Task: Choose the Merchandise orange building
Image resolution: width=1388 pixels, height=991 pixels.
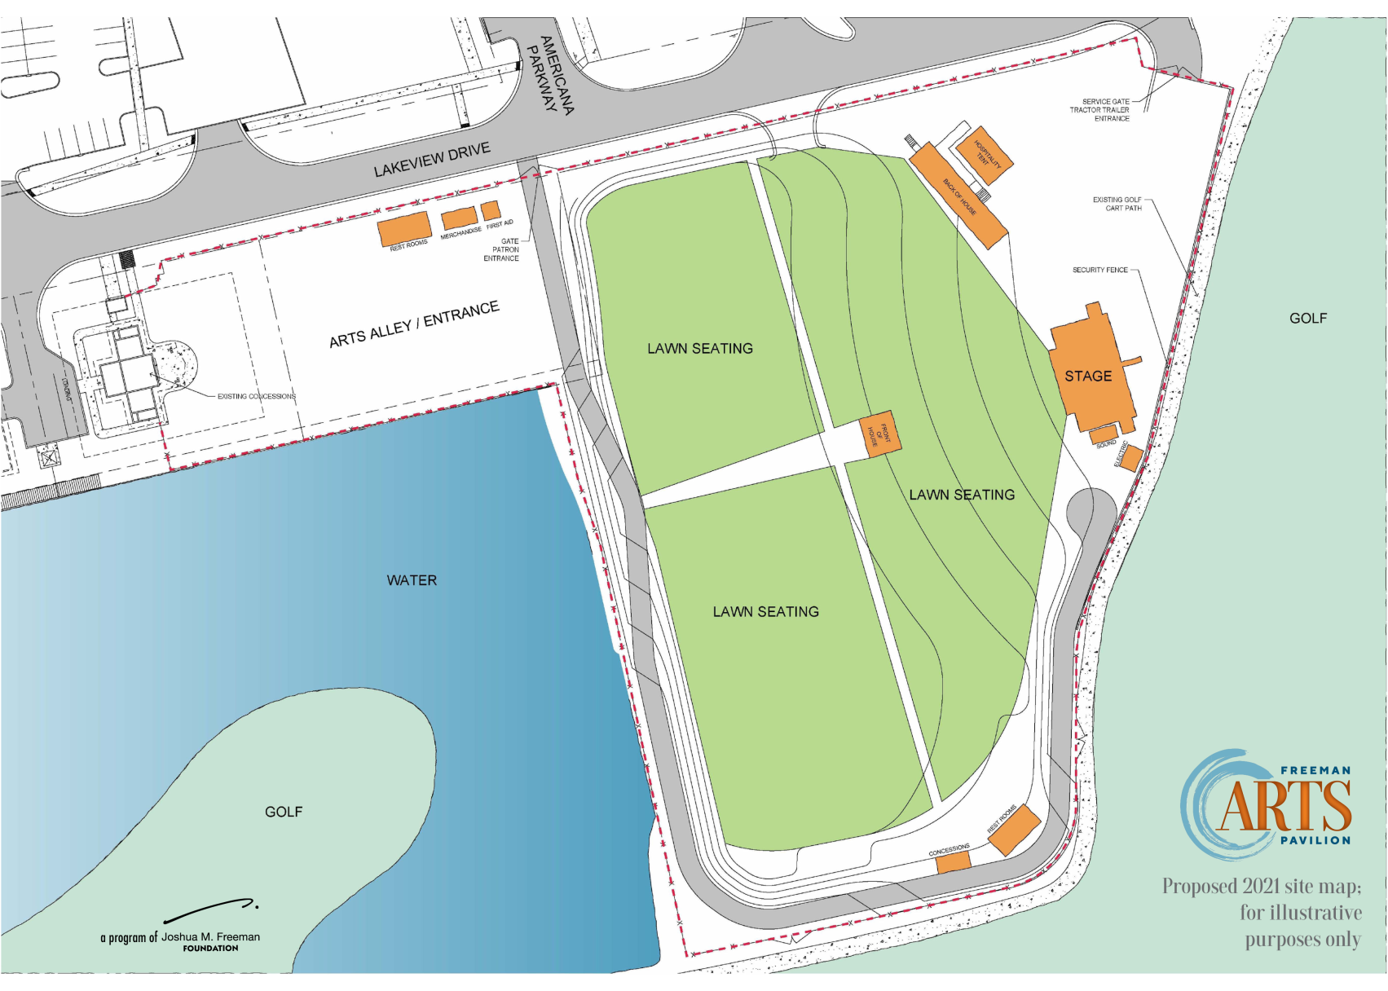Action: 459,218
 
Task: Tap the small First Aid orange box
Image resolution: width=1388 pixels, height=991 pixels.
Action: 490,210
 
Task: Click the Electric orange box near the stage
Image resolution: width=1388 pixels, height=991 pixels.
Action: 1130,458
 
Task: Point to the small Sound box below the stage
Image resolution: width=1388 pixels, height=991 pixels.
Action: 1104,434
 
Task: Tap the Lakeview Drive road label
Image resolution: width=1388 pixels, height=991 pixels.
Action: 432,160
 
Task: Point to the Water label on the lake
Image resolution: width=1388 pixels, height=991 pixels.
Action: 412,580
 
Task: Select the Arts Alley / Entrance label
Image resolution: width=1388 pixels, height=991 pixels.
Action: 414,324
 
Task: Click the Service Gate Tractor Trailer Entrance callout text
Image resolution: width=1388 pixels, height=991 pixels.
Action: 1101,110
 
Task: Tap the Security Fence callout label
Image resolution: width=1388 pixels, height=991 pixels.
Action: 1100,270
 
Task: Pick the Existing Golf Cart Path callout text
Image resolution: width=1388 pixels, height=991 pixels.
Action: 1117,204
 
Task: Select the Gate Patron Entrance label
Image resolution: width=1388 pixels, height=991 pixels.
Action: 502,249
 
